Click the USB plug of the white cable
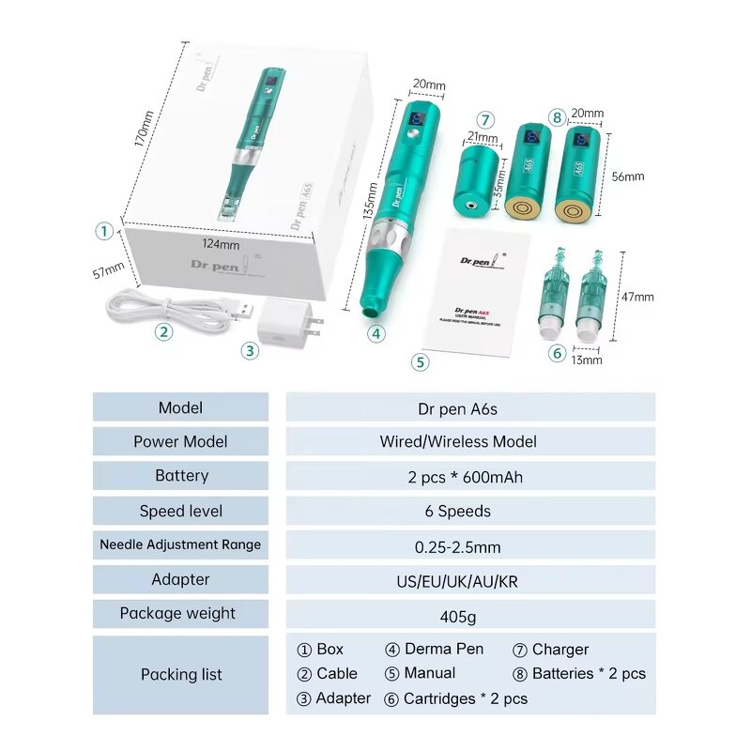[240, 308]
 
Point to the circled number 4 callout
[375, 331]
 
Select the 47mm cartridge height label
[638, 297]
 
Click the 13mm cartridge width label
[588, 359]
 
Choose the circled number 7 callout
[484, 119]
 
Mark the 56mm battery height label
[628, 176]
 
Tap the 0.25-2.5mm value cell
[469, 545]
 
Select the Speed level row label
[180, 511]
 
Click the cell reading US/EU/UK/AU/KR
[469, 580]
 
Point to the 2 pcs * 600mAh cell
[469, 477]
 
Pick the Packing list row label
[180, 674]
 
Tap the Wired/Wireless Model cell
[469, 441]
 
